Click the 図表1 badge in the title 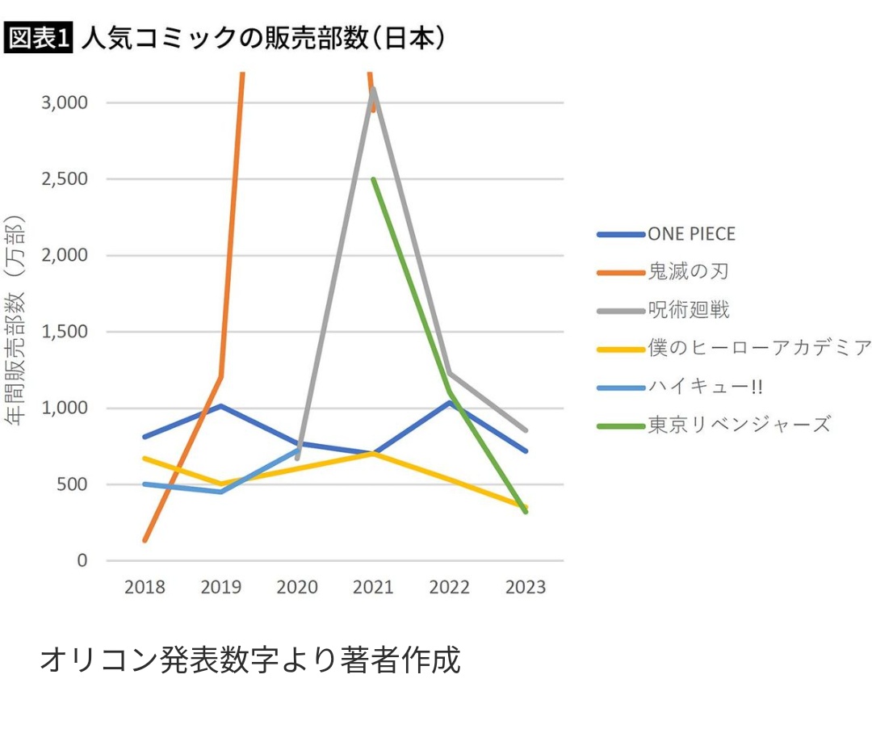[x=39, y=37]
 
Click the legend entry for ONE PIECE [x=690, y=234]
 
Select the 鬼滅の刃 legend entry [x=687, y=271]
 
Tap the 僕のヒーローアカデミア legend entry [x=759, y=347]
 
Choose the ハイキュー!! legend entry [x=705, y=386]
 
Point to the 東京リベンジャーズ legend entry [x=739, y=424]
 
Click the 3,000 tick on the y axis [x=65, y=103]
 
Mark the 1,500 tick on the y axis [x=65, y=332]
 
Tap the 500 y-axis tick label [x=73, y=484]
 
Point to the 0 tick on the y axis [x=82, y=560]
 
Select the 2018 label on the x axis [x=145, y=587]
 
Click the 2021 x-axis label [x=373, y=587]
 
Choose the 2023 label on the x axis [x=526, y=587]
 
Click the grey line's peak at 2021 [x=373, y=89]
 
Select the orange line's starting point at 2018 [x=145, y=540]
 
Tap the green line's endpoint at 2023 [x=526, y=512]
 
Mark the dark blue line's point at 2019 [x=220, y=405]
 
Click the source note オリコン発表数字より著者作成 [x=250, y=660]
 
